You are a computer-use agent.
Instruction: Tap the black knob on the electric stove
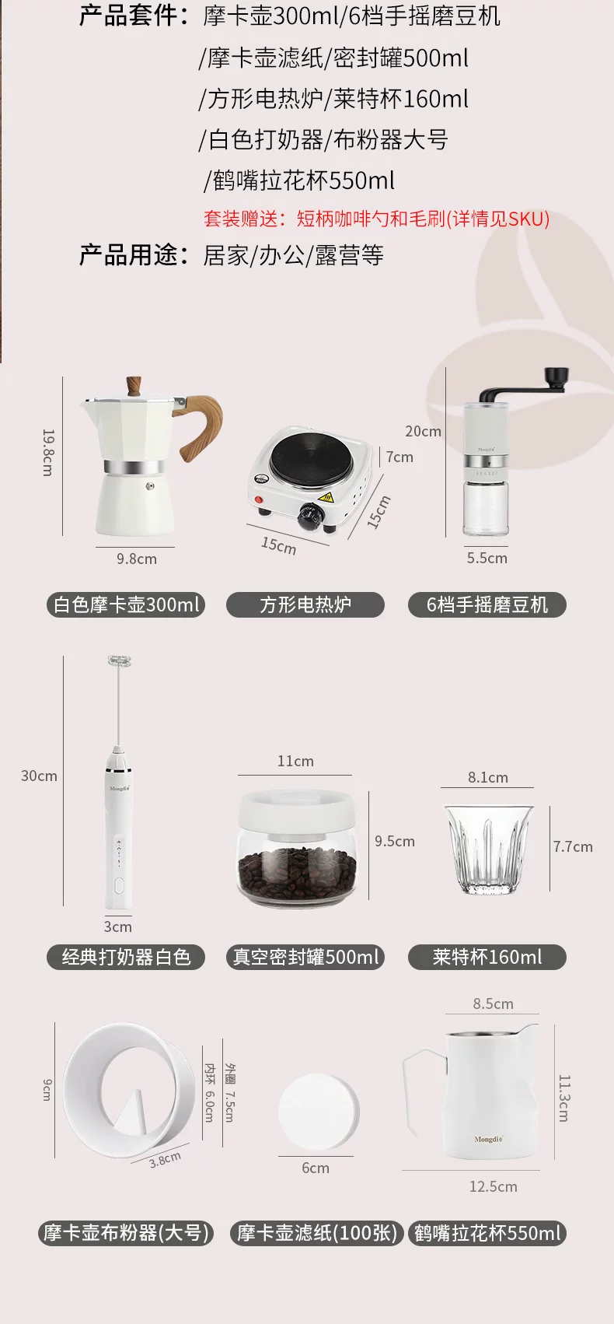309,516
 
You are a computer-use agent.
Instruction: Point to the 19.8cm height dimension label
48,453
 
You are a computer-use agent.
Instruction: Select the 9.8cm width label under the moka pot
136,559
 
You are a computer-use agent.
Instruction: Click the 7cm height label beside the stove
399,457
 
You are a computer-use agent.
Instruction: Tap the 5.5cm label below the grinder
487,558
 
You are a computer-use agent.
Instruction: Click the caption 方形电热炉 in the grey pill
305,604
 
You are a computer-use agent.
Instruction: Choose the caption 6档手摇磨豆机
487,604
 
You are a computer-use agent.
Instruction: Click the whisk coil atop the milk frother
119,661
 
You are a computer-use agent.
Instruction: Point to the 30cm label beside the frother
39,776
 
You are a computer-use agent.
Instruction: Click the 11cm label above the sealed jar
295,761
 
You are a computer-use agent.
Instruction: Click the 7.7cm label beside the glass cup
573,846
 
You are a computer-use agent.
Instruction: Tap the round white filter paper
319,1111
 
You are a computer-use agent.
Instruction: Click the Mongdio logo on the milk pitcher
488,1139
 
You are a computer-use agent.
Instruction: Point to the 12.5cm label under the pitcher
493,1186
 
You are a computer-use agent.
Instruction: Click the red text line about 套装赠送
377,219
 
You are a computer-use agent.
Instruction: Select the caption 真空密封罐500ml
305,957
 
